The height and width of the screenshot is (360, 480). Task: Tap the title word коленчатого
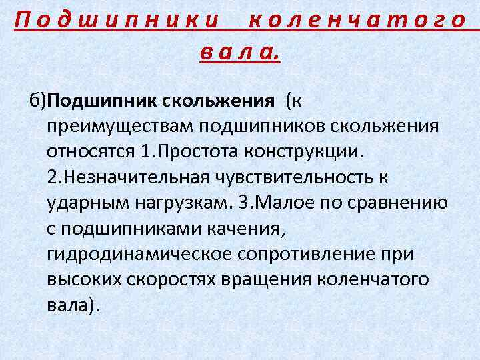click(356, 20)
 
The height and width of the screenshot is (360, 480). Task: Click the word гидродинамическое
click(139, 255)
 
